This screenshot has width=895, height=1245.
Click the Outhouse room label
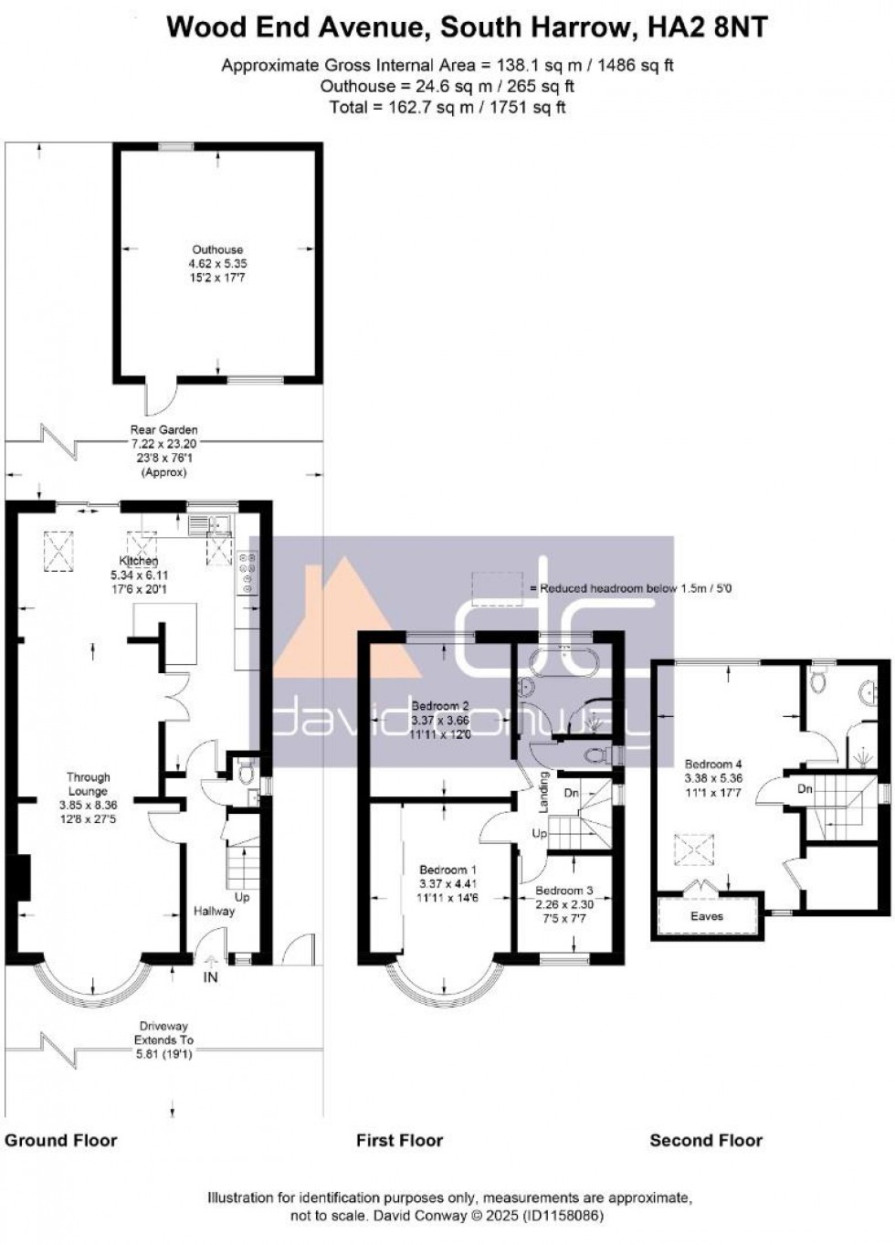click(217, 249)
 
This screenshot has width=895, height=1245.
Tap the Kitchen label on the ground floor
click(139, 561)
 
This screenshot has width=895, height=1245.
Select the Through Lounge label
click(89, 784)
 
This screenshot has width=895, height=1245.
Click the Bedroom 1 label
click(447, 870)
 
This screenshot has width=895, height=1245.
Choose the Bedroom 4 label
click(713, 764)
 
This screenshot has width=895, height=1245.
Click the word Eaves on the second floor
click(707, 915)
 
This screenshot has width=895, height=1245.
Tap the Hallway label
click(214, 911)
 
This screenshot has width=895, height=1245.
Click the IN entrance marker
click(211, 977)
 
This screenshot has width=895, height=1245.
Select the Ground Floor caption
click(61, 1140)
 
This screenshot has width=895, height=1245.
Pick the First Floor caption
click(399, 1140)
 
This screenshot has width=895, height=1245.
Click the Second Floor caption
click(706, 1140)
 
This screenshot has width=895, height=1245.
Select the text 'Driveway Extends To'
click(164, 1032)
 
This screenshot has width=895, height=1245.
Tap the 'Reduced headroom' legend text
click(636, 588)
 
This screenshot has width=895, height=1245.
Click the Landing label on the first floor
click(544, 792)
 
